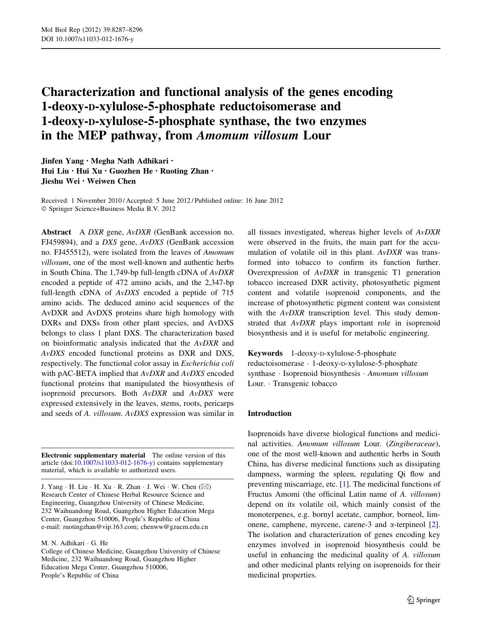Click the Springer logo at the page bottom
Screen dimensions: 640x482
[x=423, y=600]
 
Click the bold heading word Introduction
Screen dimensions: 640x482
[x=269, y=413]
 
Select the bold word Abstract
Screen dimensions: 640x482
[x=56, y=232]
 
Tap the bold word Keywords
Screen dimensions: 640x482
[x=265, y=353]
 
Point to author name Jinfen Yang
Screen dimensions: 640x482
[x=62, y=161]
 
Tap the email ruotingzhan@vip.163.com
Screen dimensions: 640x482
[x=88, y=527]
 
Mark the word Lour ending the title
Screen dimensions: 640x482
[x=317, y=136]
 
